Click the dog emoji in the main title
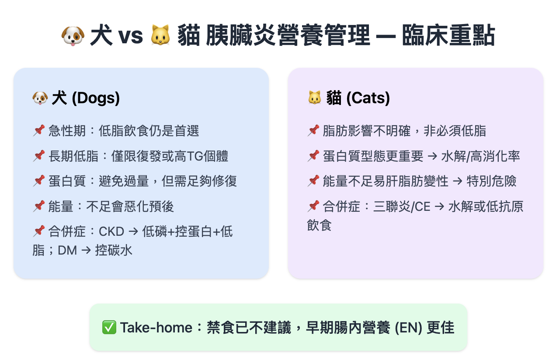click(73, 36)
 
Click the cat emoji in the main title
click(160, 35)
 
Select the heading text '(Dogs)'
click(96, 98)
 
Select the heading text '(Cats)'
click(368, 98)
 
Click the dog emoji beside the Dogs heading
click(40, 98)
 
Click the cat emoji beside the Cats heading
click(314, 98)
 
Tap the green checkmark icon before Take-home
click(109, 328)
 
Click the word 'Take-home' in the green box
click(156, 328)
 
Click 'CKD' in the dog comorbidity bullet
click(111, 232)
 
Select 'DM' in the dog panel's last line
click(67, 251)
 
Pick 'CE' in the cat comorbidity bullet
click(422, 207)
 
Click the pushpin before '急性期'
click(39, 130)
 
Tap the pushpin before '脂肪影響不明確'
click(313, 130)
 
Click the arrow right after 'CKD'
click(133, 232)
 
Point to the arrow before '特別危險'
click(458, 181)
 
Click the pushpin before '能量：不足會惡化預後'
click(39, 206)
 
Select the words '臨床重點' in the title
click(448, 35)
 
